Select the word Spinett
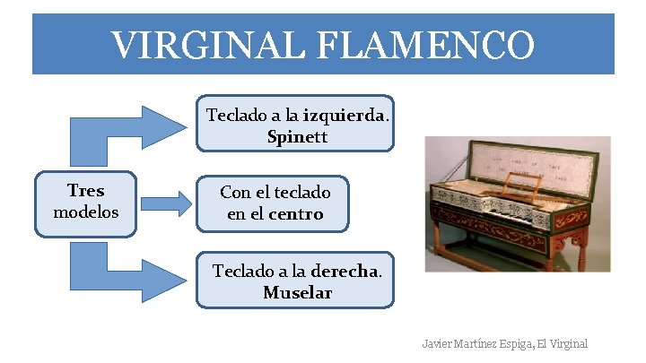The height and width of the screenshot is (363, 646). pos(297,137)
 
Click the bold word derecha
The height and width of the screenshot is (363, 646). pos(345,271)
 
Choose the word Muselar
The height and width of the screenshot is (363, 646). pos(297,293)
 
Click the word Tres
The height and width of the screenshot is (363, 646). pos(85,190)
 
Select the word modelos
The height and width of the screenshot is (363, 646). pos(85,212)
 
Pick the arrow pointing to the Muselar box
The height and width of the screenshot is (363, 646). pos(126,269)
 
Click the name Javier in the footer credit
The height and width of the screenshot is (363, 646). pos(439,343)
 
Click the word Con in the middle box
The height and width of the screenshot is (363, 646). pos(235,193)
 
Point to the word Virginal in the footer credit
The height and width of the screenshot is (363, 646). pos(568,343)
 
